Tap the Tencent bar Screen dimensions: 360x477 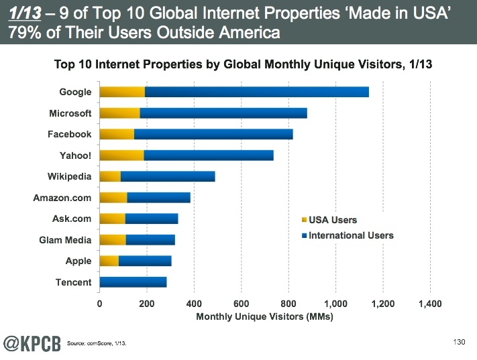pyautogui.click(x=133, y=282)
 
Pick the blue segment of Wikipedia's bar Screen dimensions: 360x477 pyautogui.click(x=168, y=177)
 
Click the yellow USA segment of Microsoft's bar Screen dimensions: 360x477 pyautogui.click(x=119, y=113)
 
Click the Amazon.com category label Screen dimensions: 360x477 pyautogui.click(x=62, y=198)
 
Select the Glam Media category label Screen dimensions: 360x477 pyautogui.click(x=65, y=240)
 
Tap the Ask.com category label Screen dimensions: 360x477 pyautogui.click(x=72, y=219)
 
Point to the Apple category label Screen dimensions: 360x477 pyautogui.click(x=78, y=261)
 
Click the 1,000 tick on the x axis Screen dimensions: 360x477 pyautogui.click(x=335, y=304)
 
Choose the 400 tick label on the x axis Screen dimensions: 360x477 pyautogui.click(x=194, y=304)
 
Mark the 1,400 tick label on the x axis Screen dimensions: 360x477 pyautogui.click(x=429, y=304)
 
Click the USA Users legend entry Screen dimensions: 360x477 pyautogui.click(x=332, y=220)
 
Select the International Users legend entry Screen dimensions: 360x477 pyautogui.click(x=350, y=235)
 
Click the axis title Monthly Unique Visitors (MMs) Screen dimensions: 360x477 pyautogui.click(x=264, y=316)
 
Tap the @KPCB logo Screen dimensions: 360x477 pyautogui.click(x=30, y=343)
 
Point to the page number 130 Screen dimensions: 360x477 pyautogui.click(x=459, y=342)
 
